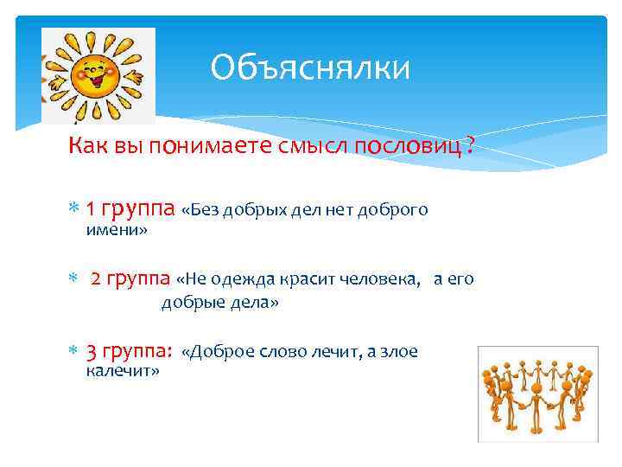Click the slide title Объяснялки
click(310, 67)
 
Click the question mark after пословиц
click(469, 147)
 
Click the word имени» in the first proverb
click(117, 230)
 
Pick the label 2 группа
click(130, 279)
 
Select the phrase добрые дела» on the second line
click(220, 304)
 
